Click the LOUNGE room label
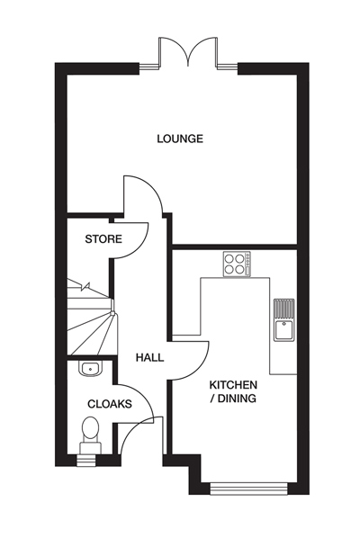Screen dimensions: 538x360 coord(180,139)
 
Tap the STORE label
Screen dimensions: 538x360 coord(103,238)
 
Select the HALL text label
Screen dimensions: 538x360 coord(149,357)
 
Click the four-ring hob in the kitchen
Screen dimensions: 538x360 coord(237,263)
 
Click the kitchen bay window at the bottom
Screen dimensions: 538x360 coord(247,489)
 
